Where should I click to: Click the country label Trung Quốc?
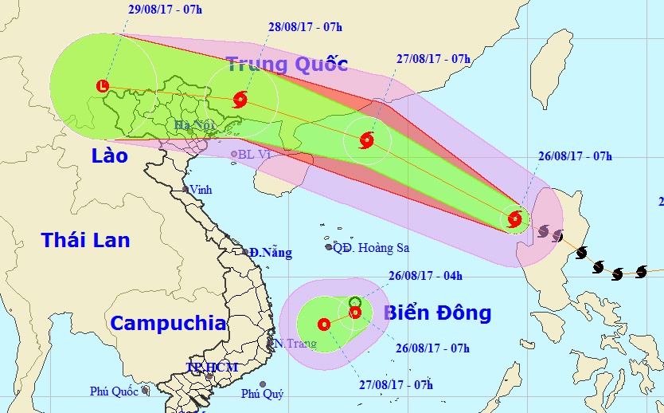point(287,64)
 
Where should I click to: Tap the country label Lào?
point(109,155)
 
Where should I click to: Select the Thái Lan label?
point(85,239)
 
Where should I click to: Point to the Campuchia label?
point(168,324)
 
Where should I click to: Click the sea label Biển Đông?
point(438,312)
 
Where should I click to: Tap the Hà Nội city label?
point(193,125)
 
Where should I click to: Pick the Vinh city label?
point(200,190)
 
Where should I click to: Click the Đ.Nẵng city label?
point(270,253)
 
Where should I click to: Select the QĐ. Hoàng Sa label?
point(371,248)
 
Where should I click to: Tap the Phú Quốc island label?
point(115,391)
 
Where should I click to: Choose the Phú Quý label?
point(261,394)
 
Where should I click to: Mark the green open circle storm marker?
point(355,302)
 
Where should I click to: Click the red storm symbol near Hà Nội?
point(240,100)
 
